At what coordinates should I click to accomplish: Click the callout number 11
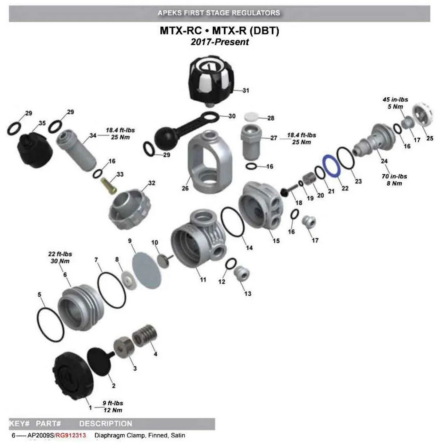coord(203,280)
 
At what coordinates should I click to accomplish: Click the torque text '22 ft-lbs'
coord(60,254)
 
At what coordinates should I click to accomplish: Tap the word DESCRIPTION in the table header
coord(106,424)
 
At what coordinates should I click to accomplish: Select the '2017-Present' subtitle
coord(219,42)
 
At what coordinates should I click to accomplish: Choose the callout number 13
coord(247,293)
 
